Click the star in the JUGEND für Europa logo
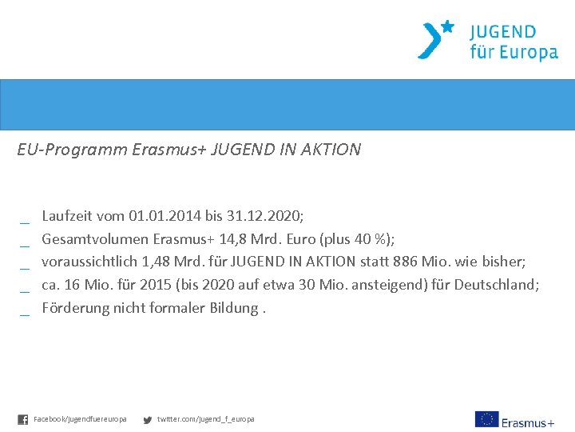tap(448, 27)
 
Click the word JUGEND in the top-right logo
tap(503, 33)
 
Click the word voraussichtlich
tap(87, 262)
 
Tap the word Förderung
tap(73, 308)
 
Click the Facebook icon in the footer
tap(22, 419)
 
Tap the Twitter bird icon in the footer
tap(147, 419)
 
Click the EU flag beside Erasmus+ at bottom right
tap(486, 419)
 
